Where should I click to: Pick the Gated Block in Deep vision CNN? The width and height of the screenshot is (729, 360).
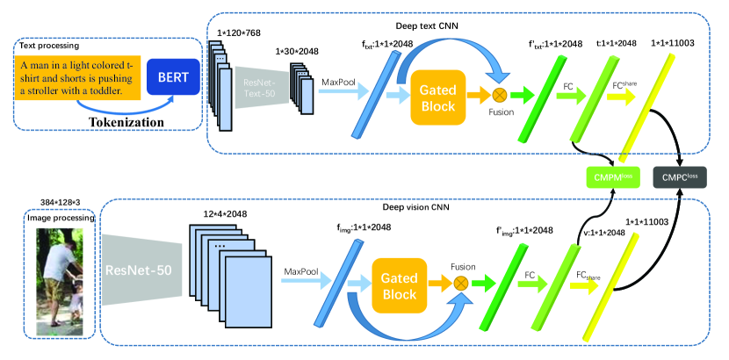[400, 282]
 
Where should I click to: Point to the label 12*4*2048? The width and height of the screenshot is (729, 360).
[223, 213]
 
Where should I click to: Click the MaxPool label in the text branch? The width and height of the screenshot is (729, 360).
[336, 83]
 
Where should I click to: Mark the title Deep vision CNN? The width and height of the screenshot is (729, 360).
[412, 208]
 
